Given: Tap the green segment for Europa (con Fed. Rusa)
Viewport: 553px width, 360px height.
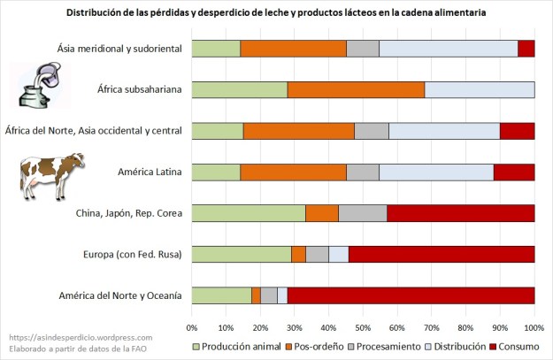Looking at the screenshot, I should (242, 254).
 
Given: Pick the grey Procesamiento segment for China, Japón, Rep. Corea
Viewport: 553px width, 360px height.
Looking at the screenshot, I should (363, 213).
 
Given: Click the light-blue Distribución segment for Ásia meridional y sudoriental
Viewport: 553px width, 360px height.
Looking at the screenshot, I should (449, 49).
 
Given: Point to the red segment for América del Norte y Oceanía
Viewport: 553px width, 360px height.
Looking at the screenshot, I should (411, 295).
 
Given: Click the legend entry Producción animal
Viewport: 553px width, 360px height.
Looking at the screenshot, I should (244, 344).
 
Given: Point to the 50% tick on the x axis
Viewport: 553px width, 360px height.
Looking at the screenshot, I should (364, 315).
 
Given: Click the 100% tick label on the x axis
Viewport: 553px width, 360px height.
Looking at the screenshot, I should (534, 315).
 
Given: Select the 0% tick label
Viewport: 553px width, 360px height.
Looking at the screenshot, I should (192, 315).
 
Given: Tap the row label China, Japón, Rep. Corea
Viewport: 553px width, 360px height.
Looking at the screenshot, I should (127, 213).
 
